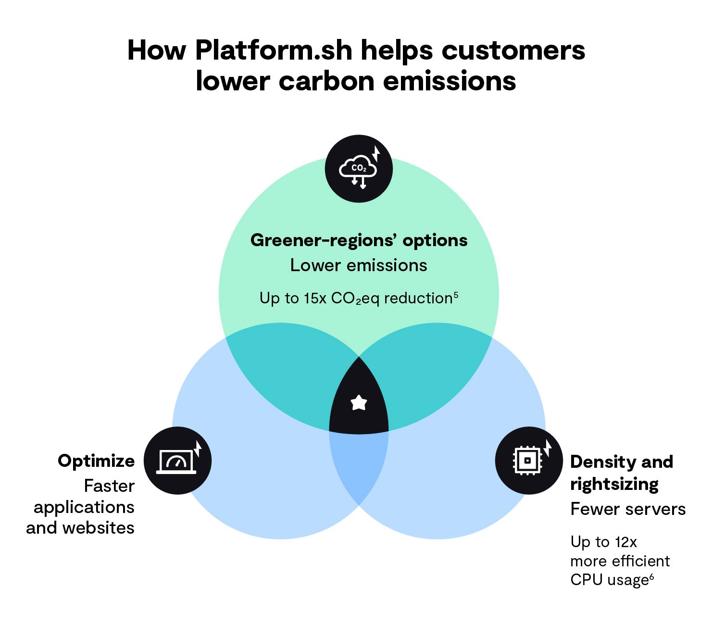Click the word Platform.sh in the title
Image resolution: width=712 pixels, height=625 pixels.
click(274, 50)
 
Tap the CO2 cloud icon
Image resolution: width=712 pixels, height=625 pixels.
click(358, 169)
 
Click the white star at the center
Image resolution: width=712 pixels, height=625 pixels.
click(359, 402)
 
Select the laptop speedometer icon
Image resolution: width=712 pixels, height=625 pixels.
click(177, 461)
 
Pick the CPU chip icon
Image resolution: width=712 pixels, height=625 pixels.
click(528, 461)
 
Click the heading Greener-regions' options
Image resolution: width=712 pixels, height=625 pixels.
click(359, 240)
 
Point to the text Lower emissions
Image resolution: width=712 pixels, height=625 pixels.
click(359, 265)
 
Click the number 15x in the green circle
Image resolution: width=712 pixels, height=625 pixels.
click(315, 299)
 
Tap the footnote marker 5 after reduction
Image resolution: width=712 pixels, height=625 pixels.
click(455, 294)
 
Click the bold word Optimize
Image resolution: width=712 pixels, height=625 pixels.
click(96, 461)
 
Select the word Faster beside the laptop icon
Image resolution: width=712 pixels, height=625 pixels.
click(109, 486)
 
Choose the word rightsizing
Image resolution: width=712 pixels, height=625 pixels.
click(614, 484)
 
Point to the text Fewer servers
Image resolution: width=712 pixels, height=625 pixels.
click(628, 509)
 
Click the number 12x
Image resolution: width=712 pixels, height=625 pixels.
click(625, 542)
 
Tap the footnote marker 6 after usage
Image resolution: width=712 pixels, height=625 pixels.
click(651, 576)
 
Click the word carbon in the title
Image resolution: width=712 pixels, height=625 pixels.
click(327, 81)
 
